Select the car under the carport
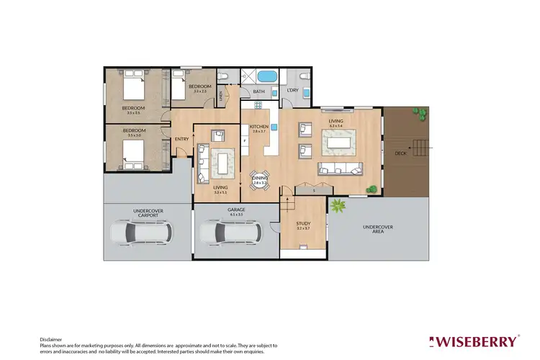tap(141, 232)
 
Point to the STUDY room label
tap(303, 224)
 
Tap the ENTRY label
tap(182, 139)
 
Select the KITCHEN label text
tap(258, 127)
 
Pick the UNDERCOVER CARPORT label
tap(147, 213)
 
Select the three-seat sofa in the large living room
tap(341, 169)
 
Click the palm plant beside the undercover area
tap(336, 207)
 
